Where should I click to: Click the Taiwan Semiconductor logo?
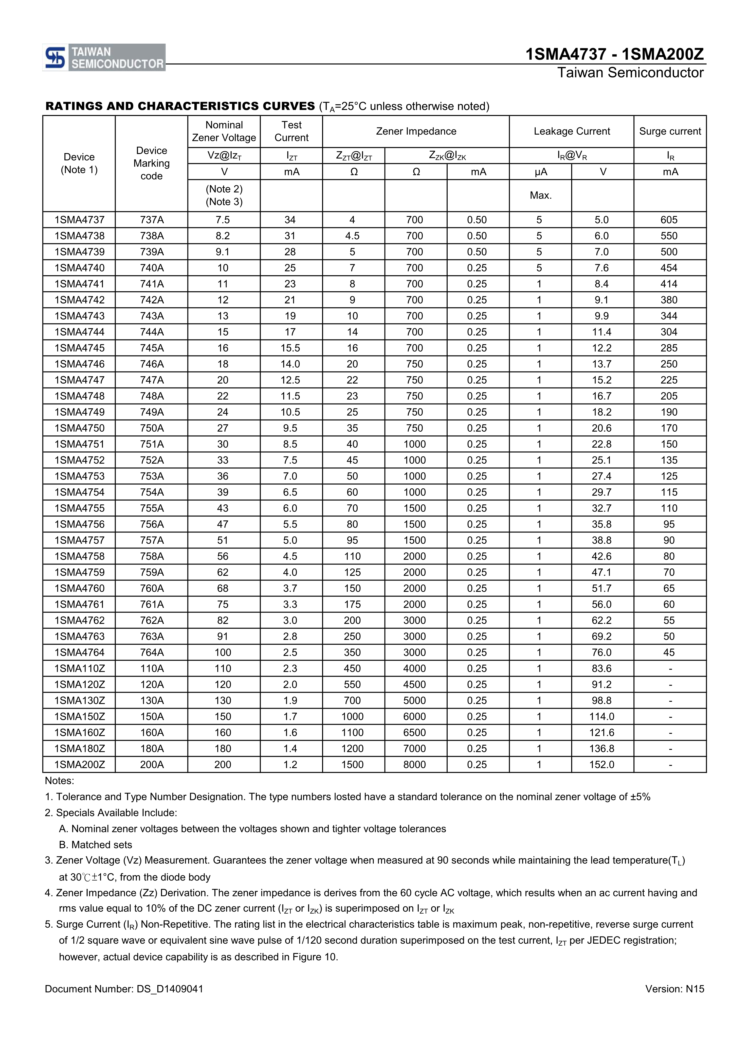tap(104, 58)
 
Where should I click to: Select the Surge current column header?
tap(670, 132)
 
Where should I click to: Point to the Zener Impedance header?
tap(416, 132)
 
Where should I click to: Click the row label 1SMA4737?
tap(79, 220)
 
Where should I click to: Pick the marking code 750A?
tap(151, 428)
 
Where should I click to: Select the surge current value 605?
tap(669, 220)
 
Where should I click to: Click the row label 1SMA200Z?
tap(79, 764)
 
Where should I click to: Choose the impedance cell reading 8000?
tap(414, 764)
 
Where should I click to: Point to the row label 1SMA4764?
tap(79, 652)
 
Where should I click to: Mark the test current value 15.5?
tap(290, 348)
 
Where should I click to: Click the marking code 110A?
tap(151, 669)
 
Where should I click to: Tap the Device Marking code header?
tap(151, 163)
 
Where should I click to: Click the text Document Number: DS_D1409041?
tap(124, 989)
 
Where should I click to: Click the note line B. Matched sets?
tap(96, 845)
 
